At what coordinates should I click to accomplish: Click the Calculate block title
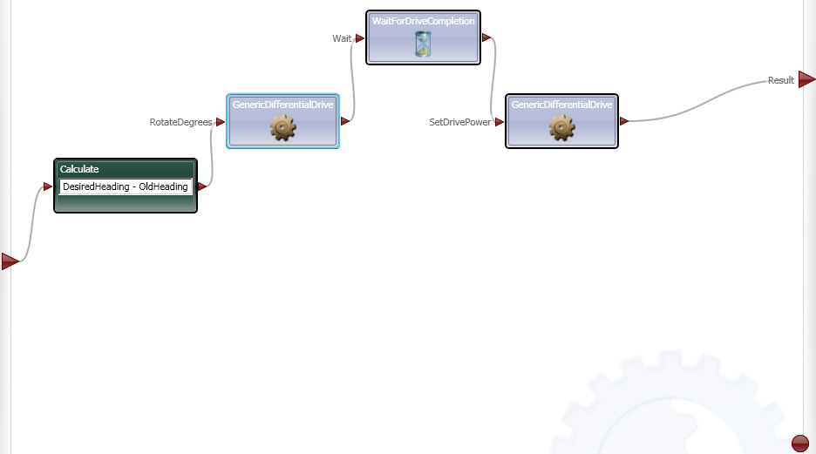tap(79, 169)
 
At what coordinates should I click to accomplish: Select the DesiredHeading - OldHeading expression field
tap(126, 186)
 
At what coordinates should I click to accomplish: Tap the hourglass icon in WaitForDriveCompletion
tap(423, 44)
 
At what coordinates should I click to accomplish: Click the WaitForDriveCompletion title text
tap(423, 20)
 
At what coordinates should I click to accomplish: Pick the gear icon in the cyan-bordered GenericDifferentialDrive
tap(282, 128)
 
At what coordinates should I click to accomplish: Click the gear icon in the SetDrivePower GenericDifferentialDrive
tap(561, 128)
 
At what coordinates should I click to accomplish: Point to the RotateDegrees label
tap(180, 123)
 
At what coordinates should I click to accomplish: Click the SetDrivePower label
tap(459, 123)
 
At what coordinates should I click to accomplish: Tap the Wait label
tap(342, 38)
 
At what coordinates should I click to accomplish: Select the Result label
tap(780, 81)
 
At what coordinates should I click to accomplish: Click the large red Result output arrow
tap(806, 80)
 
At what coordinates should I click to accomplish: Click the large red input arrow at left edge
tap(10, 261)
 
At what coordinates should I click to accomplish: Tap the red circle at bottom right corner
tap(800, 444)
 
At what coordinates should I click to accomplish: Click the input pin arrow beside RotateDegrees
tap(221, 122)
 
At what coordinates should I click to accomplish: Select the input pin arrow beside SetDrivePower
tap(500, 122)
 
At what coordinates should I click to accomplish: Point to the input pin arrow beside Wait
tap(360, 38)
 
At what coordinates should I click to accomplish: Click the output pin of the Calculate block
tap(202, 186)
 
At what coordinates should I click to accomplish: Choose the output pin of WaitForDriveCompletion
tap(486, 37)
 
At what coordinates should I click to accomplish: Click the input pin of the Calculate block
tap(48, 186)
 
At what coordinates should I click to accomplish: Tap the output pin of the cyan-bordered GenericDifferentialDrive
tap(345, 121)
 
